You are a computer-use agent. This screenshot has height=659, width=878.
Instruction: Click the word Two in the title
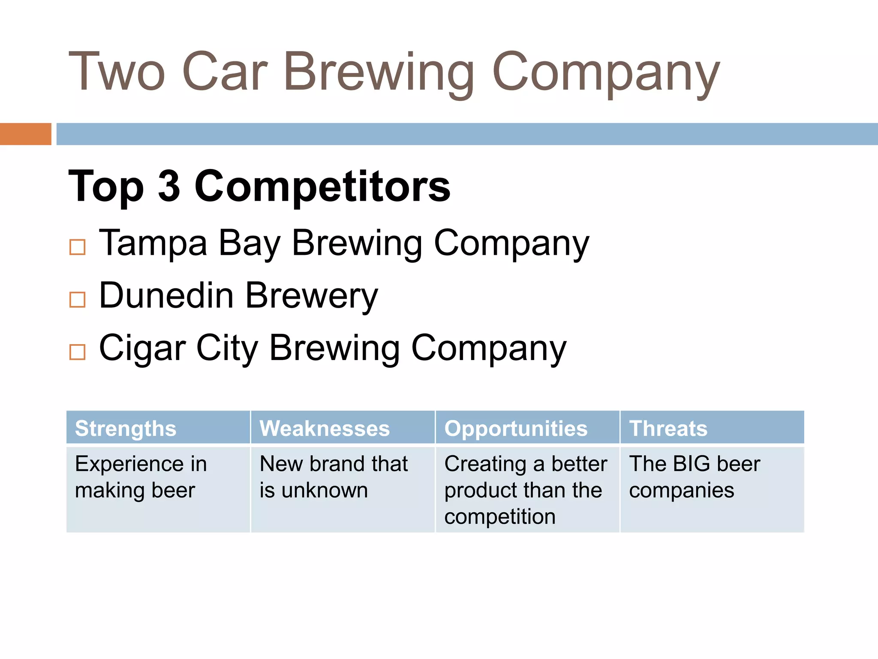[x=117, y=72]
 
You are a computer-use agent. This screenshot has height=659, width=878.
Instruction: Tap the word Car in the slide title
[x=225, y=72]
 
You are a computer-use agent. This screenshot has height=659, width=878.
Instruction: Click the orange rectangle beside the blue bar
[x=25, y=134]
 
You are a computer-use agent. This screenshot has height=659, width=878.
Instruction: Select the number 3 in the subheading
[x=169, y=186]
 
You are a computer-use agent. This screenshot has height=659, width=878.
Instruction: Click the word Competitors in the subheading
[x=322, y=186]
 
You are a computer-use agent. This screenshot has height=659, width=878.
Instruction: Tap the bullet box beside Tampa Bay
[x=78, y=247]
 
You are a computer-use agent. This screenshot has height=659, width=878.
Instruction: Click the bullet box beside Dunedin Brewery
[x=78, y=299]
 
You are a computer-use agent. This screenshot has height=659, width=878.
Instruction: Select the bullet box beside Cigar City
[x=78, y=352]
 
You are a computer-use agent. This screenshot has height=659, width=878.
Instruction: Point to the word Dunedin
[x=166, y=296]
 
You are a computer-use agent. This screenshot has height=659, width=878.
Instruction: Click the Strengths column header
[x=126, y=428]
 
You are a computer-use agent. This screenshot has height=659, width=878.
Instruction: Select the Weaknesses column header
[x=325, y=428]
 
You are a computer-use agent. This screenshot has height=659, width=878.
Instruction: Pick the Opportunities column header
[x=516, y=428]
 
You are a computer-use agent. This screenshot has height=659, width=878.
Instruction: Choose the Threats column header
[x=668, y=428]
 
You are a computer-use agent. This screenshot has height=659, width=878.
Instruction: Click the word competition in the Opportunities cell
[x=500, y=517]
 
